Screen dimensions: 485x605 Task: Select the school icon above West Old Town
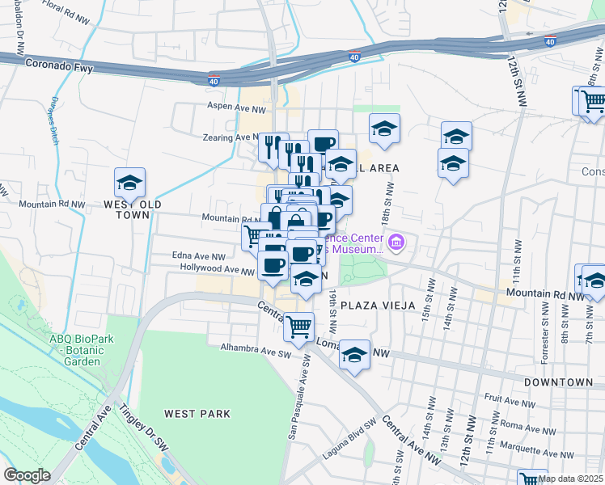point(129,183)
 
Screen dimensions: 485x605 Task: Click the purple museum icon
point(396,242)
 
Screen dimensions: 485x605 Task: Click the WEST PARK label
point(197,414)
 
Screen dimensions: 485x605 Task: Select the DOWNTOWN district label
point(559,382)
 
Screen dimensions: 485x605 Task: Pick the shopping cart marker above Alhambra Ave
point(299,327)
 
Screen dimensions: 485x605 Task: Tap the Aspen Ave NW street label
point(238,108)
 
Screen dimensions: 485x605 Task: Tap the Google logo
point(27,475)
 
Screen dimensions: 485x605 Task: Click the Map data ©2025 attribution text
point(570,479)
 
